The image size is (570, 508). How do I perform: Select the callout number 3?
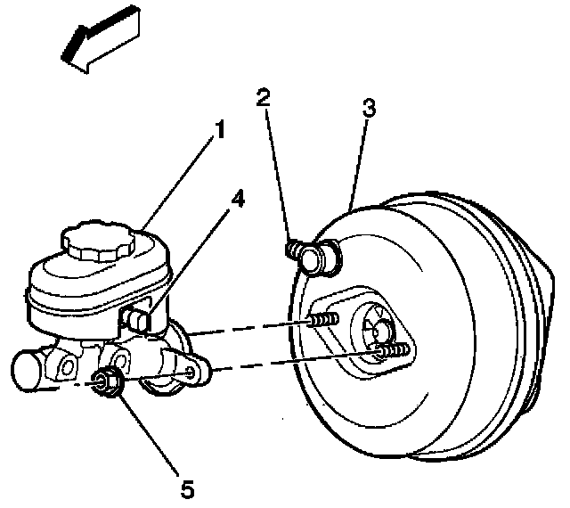tap(370, 110)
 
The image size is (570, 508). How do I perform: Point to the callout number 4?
tap(236, 201)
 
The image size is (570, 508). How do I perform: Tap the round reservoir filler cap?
tap(94, 240)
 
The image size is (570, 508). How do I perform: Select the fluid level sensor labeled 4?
tap(139, 316)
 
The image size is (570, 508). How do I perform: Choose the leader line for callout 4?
tap(191, 258)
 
